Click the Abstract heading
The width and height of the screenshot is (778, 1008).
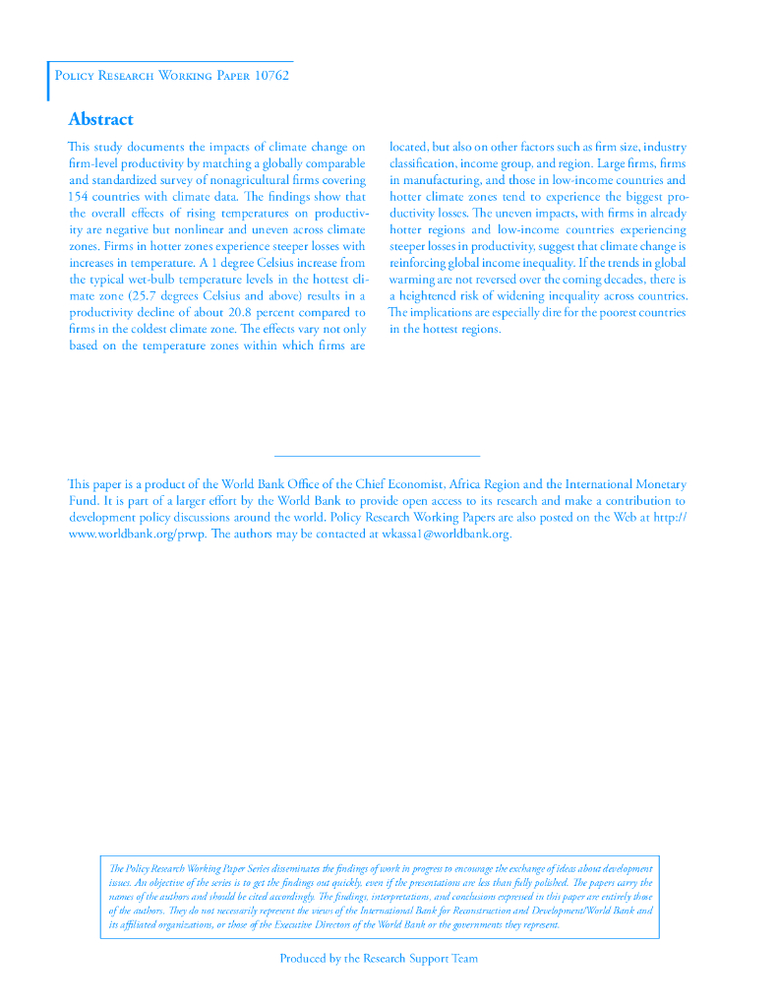100,119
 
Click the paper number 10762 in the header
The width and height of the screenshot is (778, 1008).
270,76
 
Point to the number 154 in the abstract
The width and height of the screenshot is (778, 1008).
79,197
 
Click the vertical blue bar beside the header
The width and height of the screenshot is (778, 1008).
48,81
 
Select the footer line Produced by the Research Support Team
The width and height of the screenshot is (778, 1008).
379,959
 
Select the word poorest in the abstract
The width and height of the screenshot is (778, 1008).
610,313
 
